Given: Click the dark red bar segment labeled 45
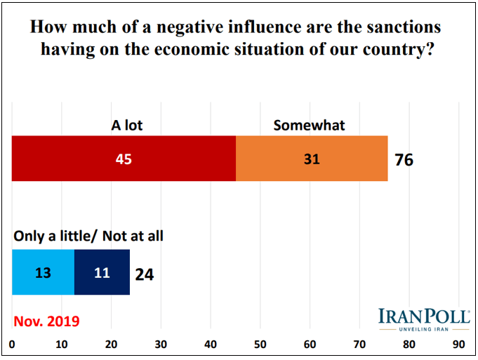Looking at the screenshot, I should click(124, 159).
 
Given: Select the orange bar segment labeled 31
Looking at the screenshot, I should click(312, 159).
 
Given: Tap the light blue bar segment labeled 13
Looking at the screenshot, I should click(44, 272).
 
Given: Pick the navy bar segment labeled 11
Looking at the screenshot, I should click(102, 272).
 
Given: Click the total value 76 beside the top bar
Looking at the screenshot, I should click(404, 160).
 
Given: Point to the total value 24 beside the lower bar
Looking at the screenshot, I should click(144, 274).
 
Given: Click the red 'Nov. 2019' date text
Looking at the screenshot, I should click(46, 321).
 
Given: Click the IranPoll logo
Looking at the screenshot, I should click(424, 319).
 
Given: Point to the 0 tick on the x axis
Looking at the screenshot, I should click(13, 345).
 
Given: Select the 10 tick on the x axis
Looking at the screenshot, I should click(62, 345).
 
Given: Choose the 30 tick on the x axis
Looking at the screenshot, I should click(161, 345).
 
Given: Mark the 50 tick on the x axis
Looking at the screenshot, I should click(260, 345).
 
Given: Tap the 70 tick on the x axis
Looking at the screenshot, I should click(359, 345).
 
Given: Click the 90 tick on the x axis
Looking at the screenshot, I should click(458, 345).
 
